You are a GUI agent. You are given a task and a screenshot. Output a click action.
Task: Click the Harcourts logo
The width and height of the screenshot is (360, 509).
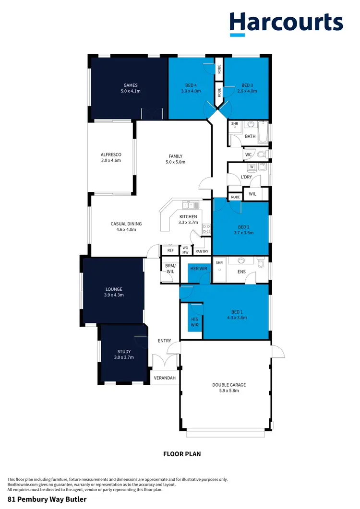tap(286, 24)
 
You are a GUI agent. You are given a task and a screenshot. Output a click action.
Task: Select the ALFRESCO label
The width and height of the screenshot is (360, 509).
tap(111, 154)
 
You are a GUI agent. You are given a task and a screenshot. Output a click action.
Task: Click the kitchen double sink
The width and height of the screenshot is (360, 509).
tap(187, 206)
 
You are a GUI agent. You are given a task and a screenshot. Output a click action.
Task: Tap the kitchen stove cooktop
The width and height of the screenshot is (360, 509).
tap(206, 229)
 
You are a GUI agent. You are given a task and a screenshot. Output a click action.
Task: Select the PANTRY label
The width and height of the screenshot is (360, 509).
tap(202, 251)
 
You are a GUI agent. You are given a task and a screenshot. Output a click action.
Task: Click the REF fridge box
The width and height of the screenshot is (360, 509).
tap(170, 250)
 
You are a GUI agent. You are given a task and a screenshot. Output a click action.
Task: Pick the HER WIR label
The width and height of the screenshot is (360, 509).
tap(198, 269)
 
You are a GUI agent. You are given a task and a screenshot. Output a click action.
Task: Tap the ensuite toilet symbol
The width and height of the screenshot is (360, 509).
tap(261, 263)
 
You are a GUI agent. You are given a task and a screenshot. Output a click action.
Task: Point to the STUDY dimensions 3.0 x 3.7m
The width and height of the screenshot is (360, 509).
tap(123, 357)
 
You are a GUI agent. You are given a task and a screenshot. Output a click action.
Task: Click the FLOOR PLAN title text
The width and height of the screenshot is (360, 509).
tap(182, 453)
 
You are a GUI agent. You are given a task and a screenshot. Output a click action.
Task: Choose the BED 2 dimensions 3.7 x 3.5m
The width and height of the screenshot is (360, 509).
tap(240, 233)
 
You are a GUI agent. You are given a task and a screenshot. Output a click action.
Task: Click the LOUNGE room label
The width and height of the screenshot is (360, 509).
tap(114, 289)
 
